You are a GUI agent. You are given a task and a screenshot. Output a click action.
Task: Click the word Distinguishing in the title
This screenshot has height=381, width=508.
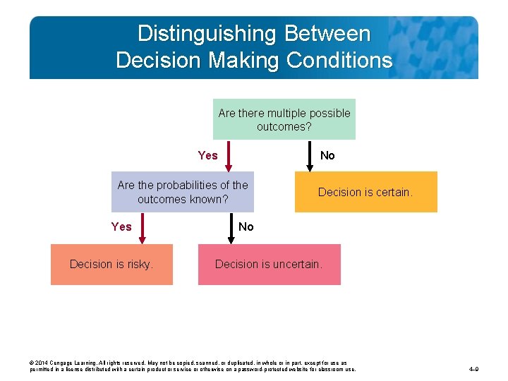point(205,33)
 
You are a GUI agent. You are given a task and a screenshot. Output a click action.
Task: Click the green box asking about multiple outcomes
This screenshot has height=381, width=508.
point(284,119)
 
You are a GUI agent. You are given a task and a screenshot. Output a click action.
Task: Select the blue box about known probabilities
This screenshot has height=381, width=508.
point(183,192)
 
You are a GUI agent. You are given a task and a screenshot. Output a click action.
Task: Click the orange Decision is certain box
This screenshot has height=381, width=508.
point(365,192)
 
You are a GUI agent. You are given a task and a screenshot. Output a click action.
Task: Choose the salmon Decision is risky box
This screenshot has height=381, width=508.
point(111,264)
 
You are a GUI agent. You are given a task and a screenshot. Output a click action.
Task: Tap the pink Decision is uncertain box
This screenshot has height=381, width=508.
point(269,264)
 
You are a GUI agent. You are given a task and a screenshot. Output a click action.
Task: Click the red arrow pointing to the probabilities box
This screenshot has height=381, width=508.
point(229,156)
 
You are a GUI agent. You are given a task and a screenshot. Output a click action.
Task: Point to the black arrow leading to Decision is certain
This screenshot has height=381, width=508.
point(310,156)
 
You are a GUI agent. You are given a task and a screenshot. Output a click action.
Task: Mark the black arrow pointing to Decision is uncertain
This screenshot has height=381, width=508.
point(229,228)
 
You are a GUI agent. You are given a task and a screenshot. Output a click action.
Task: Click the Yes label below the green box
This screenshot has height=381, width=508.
point(207,155)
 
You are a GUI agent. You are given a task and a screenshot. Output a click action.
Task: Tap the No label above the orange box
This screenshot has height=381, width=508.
point(327,155)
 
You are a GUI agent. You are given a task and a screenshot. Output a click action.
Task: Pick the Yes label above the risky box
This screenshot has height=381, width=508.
point(121,226)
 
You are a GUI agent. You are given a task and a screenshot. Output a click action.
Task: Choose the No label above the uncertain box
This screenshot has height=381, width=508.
point(246,226)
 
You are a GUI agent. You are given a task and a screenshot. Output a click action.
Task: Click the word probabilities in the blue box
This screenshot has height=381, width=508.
point(191,185)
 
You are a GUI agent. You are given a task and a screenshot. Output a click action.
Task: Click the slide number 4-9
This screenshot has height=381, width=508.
point(473,369)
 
